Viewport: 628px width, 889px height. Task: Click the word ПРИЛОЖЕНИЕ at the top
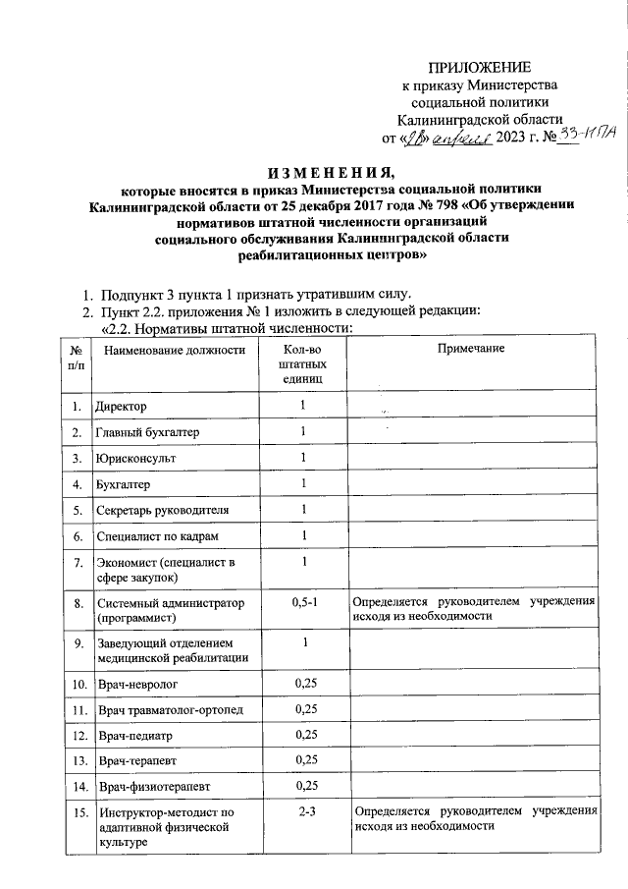[479, 67]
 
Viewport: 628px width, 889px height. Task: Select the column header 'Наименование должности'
[174, 351]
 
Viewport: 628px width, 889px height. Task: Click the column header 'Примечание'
[471, 351]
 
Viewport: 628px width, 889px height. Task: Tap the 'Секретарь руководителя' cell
[163, 510]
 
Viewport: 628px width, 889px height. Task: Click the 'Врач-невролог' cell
[138, 681]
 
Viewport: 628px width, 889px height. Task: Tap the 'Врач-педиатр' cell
[135, 734]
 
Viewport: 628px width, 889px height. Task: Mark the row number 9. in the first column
[75, 642]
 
